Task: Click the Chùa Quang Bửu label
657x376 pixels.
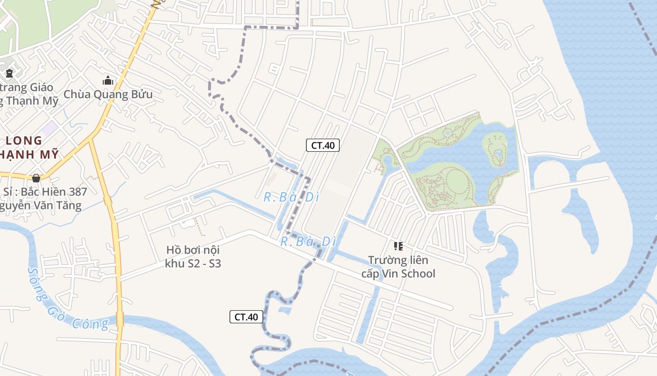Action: point(108,94)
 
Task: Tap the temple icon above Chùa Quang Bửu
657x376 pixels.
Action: point(108,81)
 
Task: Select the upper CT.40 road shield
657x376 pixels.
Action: point(323,145)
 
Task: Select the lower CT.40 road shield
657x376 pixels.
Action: point(246,317)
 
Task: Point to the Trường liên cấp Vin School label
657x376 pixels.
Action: point(398,266)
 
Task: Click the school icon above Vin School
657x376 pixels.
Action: point(398,246)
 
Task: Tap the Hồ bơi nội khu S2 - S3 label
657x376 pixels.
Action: point(193,256)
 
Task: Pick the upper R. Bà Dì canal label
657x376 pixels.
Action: point(291,197)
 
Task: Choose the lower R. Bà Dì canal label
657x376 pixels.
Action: point(308,242)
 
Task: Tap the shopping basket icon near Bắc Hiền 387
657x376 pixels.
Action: point(36,178)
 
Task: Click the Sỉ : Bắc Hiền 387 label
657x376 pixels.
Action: point(45,192)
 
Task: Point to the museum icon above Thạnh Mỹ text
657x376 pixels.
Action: point(9,73)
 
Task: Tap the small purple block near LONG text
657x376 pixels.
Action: point(49,127)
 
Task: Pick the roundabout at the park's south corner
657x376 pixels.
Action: point(428,214)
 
